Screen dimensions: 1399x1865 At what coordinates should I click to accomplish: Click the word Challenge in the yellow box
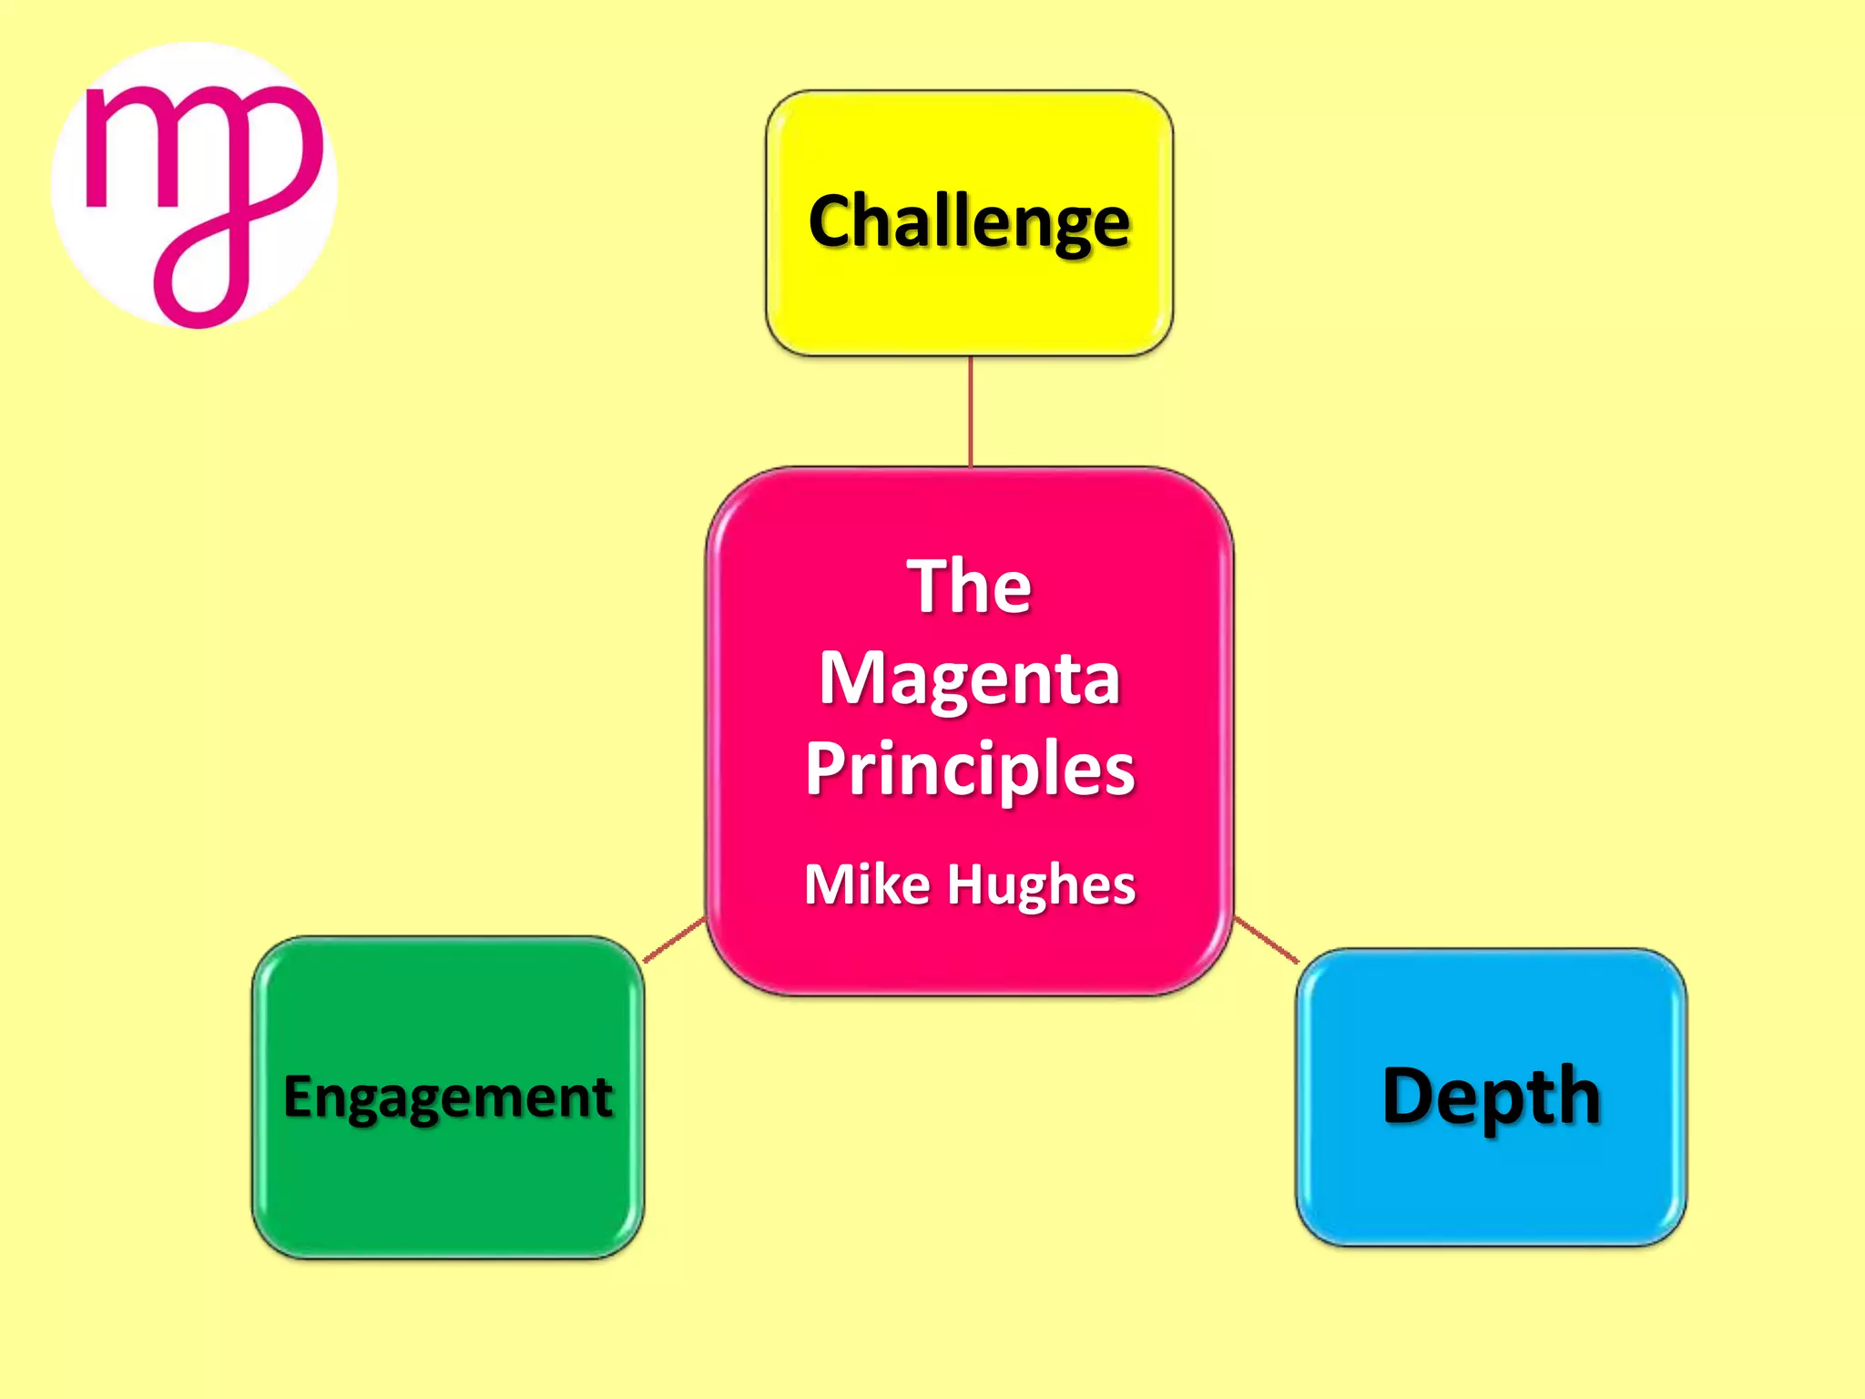point(969,222)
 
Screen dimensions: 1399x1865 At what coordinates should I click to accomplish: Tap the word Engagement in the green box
point(448,1097)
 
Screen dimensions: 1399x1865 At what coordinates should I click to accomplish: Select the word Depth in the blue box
point(1491,1097)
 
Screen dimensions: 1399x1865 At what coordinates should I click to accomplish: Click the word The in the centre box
point(969,587)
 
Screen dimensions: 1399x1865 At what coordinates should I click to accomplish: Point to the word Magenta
point(969,679)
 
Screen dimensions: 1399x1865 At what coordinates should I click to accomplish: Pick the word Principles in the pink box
point(969,771)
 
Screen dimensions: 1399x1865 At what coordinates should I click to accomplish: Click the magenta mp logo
point(194,186)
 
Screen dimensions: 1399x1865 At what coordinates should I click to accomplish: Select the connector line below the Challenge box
point(971,411)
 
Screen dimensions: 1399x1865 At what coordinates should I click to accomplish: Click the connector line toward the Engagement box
point(675,939)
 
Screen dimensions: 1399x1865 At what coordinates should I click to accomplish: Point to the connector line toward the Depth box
point(1266,940)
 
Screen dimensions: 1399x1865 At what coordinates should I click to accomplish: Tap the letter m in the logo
point(137,147)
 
